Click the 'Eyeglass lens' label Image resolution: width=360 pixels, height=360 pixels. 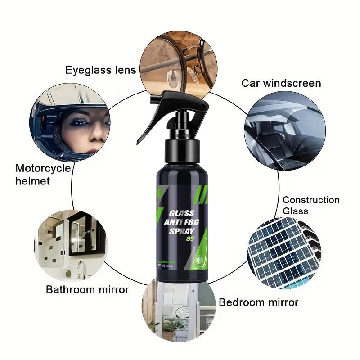click(x=100, y=70)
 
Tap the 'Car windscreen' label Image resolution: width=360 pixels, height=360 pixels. click(x=281, y=83)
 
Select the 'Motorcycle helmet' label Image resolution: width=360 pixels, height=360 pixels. click(x=43, y=175)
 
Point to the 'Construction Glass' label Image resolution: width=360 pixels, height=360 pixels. click(x=311, y=205)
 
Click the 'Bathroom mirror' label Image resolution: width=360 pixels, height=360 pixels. click(x=87, y=289)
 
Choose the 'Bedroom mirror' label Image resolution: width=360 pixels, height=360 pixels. click(x=258, y=302)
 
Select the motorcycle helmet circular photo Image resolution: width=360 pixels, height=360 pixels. click(x=72, y=123)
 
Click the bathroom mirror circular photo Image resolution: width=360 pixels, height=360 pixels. click(x=72, y=245)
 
